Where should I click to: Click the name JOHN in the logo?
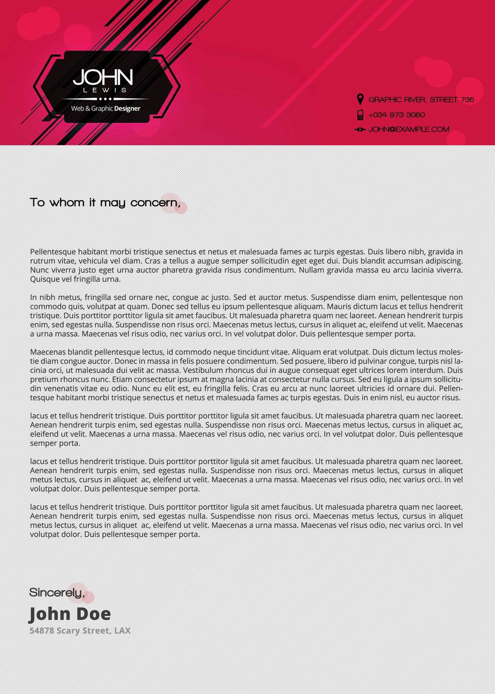[103, 77]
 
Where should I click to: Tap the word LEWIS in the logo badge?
[105, 90]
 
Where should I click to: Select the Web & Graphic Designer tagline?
[105, 109]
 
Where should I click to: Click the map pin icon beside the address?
[360, 99]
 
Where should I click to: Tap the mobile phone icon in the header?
[360, 115]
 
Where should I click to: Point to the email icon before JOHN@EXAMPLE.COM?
[360, 129]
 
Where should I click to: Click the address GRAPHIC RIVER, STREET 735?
[421, 100]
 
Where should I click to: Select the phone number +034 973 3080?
[396, 115]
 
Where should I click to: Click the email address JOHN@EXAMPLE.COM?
[409, 129]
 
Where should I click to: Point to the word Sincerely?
[56, 593]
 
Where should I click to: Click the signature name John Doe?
[70, 614]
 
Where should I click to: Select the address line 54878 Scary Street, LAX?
[80, 631]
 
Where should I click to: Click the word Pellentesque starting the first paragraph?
[53, 252]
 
